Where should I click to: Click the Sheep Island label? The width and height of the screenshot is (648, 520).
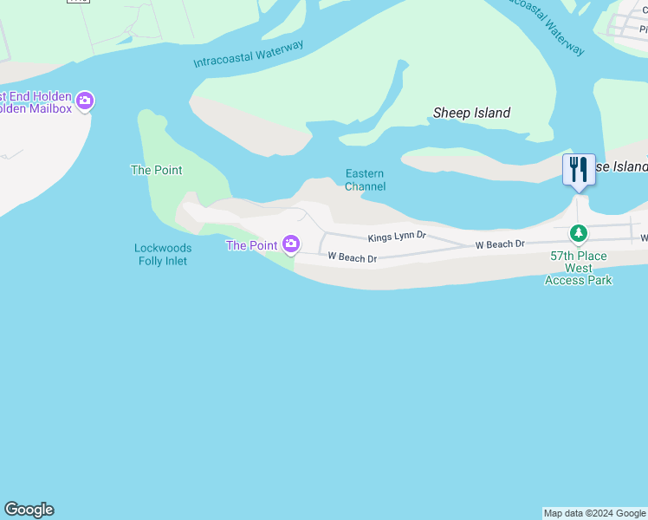point(471,113)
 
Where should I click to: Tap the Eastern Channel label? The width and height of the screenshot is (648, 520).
point(365,180)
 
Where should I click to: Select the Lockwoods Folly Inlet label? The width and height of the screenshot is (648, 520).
point(162,254)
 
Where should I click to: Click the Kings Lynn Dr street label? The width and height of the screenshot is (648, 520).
point(397,236)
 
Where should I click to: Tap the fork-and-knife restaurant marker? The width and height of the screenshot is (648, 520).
point(579,169)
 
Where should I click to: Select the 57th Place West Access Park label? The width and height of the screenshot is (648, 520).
point(579,268)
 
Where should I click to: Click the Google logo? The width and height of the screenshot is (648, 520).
point(29,510)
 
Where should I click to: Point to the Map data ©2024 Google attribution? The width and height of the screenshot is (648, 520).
point(594,513)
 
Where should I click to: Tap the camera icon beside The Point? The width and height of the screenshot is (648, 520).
point(291,245)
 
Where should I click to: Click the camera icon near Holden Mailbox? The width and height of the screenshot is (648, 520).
point(85,101)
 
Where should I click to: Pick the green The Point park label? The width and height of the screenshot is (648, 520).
point(156,170)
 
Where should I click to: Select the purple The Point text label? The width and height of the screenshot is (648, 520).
point(251,245)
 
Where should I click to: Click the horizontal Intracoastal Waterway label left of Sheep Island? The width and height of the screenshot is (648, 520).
point(248,54)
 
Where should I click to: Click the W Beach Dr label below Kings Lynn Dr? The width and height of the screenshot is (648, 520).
point(352,257)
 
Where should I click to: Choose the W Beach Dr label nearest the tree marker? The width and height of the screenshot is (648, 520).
point(500,244)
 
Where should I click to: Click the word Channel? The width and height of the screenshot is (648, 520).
point(365,186)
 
